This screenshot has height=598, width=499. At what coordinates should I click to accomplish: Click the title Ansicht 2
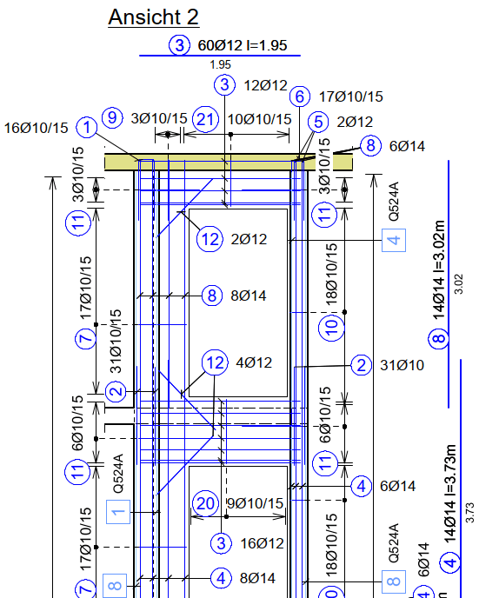point(153,17)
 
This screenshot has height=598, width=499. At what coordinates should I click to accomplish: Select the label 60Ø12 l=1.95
point(243,45)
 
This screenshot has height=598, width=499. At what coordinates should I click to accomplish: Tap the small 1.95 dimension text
point(221,65)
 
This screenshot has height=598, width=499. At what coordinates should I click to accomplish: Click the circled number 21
point(206,119)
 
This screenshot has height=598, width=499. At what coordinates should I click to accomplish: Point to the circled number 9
point(112,117)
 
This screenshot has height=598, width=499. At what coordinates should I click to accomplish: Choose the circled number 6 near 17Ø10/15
point(299,96)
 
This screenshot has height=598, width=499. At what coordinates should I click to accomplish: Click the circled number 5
point(318,122)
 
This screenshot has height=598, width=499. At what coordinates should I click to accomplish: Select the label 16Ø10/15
point(36,128)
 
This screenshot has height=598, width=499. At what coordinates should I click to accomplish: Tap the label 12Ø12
point(265,85)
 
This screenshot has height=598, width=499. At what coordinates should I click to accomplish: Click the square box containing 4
point(394,240)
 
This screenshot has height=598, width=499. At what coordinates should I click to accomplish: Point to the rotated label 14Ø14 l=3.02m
point(439,269)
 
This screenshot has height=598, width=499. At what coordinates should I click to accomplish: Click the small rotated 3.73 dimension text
point(469,512)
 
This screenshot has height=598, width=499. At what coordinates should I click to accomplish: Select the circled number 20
point(206,504)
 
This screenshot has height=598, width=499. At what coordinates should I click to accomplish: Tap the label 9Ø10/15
point(256,503)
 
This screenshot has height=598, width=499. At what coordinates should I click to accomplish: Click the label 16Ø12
point(262,543)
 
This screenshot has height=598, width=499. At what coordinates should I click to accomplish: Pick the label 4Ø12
point(254,362)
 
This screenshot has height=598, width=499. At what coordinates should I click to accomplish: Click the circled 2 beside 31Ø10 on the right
point(361,365)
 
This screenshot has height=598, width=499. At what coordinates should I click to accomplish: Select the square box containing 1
point(118,512)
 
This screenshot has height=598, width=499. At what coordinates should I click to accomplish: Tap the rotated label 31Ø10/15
point(116,342)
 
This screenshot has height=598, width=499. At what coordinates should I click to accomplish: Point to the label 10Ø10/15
point(259,119)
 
